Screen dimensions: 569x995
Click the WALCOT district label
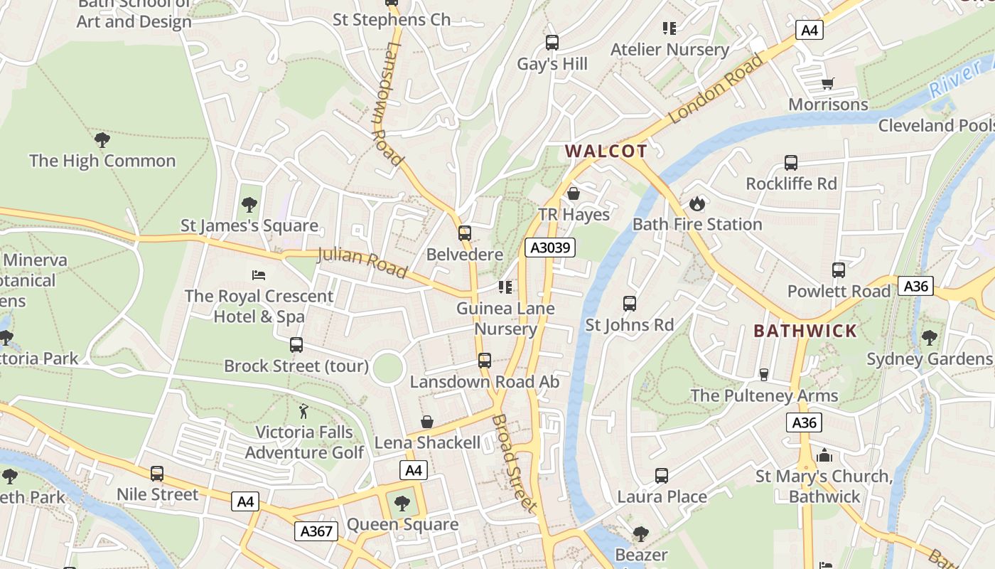tap(606, 151)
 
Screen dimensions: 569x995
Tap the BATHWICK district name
tap(805, 331)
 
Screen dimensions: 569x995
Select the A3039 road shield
tap(549, 248)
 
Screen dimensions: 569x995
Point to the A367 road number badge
tap(316, 531)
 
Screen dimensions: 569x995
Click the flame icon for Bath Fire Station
tap(696, 203)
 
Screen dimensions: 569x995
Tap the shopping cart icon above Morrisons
tap(827, 84)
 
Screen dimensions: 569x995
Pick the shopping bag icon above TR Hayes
tap(574, 193)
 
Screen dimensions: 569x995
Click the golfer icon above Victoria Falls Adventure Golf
tap(304, 411)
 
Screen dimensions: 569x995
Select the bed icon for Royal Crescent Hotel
tap(259, 275)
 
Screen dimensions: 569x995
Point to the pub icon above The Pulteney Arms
tap(764, 374)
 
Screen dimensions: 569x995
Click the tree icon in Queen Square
tap(402, 504)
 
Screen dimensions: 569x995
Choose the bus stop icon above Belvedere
tap(465, 233)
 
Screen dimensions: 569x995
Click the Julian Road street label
tap(362, 262)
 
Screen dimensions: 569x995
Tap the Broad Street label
tap(513, 463)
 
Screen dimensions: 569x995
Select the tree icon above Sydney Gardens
tap(930, 337)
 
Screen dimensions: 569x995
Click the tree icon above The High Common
tap(102, 139)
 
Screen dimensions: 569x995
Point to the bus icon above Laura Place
tap(662, 475)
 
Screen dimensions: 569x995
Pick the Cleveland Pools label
tap(935, 126)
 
